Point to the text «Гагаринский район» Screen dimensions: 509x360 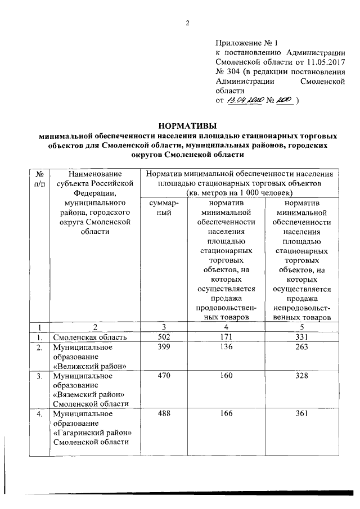[92, 433]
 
